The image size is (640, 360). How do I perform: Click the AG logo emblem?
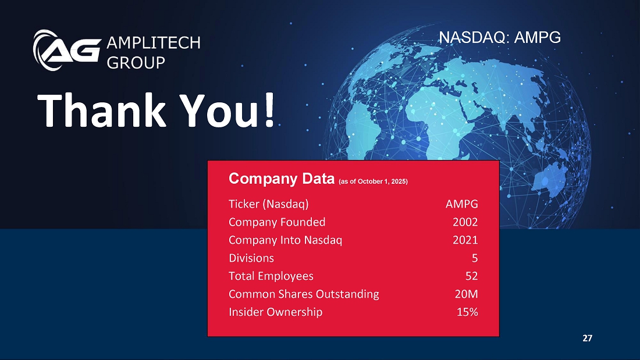point(67,50)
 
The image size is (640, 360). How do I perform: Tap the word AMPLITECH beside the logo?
point(154,43)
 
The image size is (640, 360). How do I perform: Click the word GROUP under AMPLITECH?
point(136,62)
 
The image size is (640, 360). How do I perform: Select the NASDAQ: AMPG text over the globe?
point(500,37)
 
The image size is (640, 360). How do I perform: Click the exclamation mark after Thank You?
point(269,110)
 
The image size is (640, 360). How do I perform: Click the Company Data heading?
point(282,179)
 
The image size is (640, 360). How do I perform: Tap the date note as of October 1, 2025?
point(373,181)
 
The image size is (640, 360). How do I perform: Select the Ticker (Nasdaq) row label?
point(269,204)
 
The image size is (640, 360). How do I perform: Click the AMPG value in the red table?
point(461,204)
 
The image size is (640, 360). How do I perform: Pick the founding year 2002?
point(465,222)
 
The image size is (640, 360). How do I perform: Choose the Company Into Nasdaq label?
point(285,240)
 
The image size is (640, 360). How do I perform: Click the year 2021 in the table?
point(465,240)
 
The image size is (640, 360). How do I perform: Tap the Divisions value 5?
point(475,258)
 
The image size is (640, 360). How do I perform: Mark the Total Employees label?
point(271,276)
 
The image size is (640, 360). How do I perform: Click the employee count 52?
point(471,276)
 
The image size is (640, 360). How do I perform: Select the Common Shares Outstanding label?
point(304,294)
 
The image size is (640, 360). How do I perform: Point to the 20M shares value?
point(467,294)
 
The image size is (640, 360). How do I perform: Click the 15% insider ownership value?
point(467,312)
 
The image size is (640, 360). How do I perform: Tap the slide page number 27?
point(588,338)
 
